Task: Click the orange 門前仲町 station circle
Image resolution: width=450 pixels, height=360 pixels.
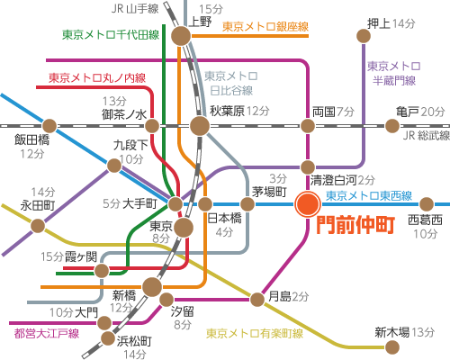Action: [308, 204]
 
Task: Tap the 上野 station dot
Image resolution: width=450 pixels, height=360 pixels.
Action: [181, 36]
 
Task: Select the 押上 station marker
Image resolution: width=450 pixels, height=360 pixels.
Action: [364, 36]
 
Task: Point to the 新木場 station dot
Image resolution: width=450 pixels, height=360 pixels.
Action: [392, 347]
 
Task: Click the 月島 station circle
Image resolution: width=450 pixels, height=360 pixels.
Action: [257, 299]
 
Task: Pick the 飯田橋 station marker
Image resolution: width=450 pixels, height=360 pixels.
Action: [49, 126]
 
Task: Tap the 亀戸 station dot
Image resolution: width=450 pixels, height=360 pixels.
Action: [392, 126]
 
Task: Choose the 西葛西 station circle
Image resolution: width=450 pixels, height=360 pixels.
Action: [427, 204]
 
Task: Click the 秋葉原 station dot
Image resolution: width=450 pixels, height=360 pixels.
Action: [200, 126]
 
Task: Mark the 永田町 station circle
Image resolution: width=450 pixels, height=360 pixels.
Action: [38, 226]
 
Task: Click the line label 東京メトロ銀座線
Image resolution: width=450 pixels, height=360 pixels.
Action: [265, 27]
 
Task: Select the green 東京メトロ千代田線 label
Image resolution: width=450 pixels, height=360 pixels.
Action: [111, 35]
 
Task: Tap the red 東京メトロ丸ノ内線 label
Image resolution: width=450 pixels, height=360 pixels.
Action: [97, 78]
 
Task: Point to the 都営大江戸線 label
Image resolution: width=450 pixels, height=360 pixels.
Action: [47, 333]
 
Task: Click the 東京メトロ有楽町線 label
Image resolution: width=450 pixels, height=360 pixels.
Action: [255, 333]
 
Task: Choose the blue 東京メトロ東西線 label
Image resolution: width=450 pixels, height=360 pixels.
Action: [369, 196]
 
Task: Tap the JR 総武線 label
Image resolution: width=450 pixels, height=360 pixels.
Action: [427, 136]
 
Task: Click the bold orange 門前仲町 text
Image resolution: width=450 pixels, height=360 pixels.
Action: [355, 225]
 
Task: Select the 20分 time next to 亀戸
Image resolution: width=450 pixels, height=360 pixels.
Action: [433, 112]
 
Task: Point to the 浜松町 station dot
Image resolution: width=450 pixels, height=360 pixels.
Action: [107, 338]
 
